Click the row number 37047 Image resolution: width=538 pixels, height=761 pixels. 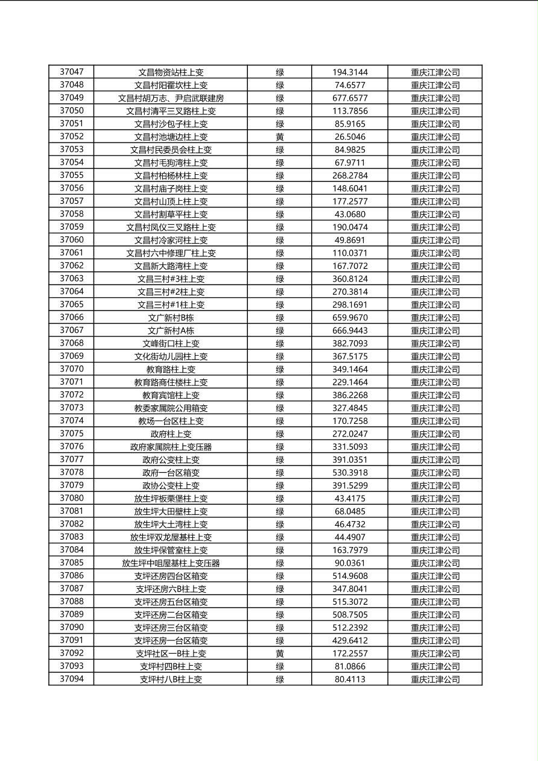(72, 72)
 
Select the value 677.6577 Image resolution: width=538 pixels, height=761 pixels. (350, 98)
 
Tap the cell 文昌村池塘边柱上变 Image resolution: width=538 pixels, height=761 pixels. (171, 137)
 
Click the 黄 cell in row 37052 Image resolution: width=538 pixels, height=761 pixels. (280, 137)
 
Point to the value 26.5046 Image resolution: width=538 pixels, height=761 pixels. (350, 137)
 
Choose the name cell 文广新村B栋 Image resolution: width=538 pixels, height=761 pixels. (171, 318)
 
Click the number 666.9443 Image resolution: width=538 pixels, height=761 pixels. (350, 330)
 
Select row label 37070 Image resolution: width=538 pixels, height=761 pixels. (72, 369)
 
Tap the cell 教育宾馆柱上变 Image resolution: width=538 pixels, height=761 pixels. (171, 395)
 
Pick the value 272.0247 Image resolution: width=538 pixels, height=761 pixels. (350, 434)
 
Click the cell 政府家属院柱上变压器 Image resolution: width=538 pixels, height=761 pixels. (171, 447)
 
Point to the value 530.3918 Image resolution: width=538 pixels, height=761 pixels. (350, 473)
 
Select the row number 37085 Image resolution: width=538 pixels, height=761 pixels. (72, 563)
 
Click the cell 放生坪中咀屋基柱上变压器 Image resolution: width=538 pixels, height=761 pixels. (171, 563)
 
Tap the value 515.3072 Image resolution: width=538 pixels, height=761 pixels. (350, 602)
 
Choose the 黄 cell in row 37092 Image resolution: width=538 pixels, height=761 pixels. (280, 653)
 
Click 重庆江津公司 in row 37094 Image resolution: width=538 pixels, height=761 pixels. (435, 680)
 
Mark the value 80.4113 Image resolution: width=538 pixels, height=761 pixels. (350, 679)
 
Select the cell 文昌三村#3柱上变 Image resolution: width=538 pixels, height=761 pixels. (171, 279)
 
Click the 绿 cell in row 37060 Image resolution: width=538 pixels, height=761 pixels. (280, 240)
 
